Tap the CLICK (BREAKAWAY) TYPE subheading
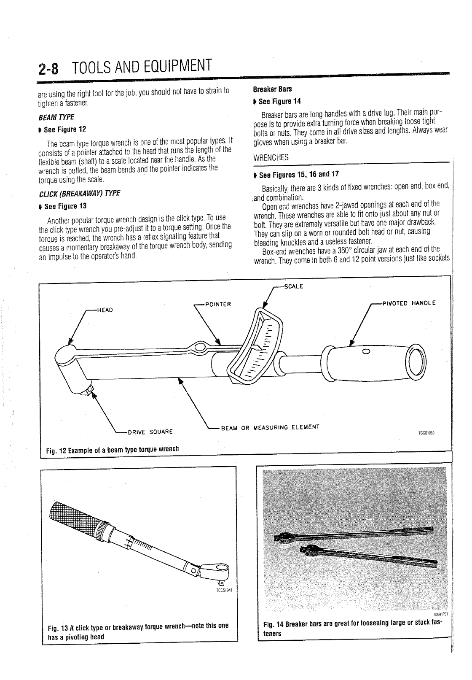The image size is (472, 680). pyautogui.click(x=80, y=194)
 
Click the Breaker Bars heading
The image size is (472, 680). pyautogui.click(x=272, y=89)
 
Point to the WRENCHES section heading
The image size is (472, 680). pyautogui.click(x=271, y=157)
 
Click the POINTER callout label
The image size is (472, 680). pyautogui.click(x=217, y=304)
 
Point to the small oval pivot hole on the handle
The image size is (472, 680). pyautogui.click(x=366, y=352)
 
